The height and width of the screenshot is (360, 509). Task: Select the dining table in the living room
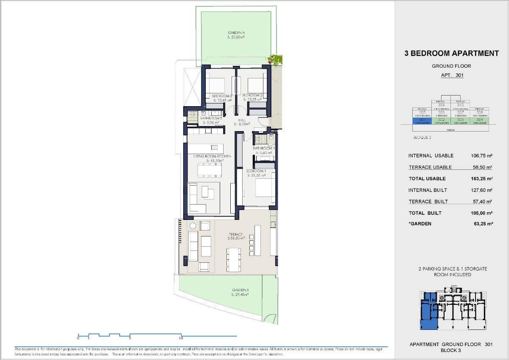coord(209,170)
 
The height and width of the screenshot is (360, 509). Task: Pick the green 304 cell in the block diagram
coord(480,121)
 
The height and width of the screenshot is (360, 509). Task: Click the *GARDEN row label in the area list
coord(420,224)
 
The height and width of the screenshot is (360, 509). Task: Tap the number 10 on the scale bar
coord(181,338)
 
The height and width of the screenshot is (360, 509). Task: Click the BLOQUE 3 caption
coord(422,138)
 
